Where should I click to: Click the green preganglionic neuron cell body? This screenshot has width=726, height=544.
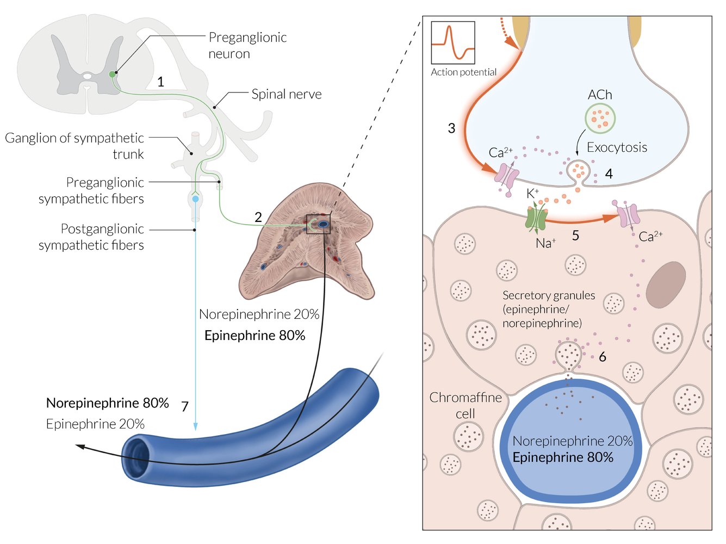[113, 74]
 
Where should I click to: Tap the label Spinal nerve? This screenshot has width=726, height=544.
[286, 94]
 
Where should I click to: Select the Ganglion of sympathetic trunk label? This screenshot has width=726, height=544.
[75, 146]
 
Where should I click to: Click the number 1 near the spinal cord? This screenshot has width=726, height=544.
[160, 82]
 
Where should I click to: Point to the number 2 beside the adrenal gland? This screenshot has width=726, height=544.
[258, 217]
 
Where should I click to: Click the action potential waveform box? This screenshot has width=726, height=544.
[453, 43]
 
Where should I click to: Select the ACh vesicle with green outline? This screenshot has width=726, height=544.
[600, 118]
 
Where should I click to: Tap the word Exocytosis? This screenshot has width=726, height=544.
[617, 147]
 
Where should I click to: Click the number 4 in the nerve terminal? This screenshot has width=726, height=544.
[609, 174]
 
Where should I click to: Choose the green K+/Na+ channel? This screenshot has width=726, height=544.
[536, 218]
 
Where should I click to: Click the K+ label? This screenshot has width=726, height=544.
[532, 193]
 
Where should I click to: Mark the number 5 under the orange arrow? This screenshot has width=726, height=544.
[575, 236]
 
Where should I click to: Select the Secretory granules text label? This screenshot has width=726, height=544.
[548, 309]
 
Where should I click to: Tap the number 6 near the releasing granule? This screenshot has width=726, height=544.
[603, 357]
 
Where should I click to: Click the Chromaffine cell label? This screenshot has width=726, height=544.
[466, 405]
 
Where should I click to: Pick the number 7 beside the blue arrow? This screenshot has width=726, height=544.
[185, 406]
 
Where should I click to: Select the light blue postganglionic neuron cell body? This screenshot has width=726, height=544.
[195, 200]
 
